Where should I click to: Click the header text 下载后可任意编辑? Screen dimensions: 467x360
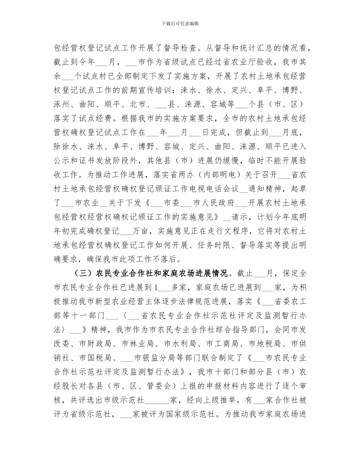pos(180,24)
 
